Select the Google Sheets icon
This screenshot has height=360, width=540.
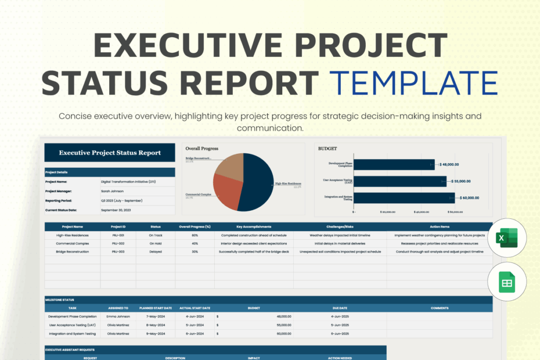pyautogui.click(x=507, y=282)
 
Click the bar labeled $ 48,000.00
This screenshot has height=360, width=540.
pyautogui.click(x=394, y=164)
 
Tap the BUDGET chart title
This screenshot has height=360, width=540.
pyautogui.click(x=327, y=149)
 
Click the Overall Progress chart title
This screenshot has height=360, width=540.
pyautogui.click(x=201, y=149)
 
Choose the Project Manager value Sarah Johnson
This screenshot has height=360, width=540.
pyautogui.click(x=113, y=190)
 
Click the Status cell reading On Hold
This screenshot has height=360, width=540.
pyautogui.click(x=155, y=243)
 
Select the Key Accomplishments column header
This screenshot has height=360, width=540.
pyautogui.click(x=253, y=226)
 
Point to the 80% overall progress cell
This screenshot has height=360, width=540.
pyautogui.click(x=195, y=235)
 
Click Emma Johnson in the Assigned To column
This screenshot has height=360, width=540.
pyautogui.click(x=118, y=316)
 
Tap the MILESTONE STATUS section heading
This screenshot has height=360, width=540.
pyautogui.click(x=60, y=300)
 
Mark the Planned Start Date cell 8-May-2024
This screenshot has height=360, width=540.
pyautogui.click(x=156, y=325)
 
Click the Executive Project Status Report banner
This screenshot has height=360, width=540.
pyautogui.click(x=110, y=153)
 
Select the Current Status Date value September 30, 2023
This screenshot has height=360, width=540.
pyautogui.click(x=117, y=210)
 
